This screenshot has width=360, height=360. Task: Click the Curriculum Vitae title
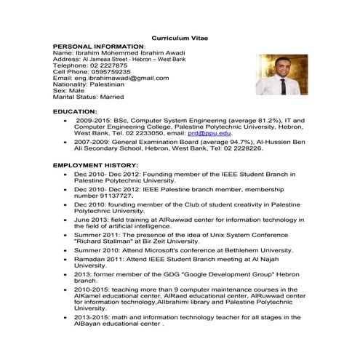(x=179, y=38)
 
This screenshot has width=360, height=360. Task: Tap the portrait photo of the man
(x=277, y=74)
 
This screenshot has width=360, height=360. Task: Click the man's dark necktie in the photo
(x=281, y=86)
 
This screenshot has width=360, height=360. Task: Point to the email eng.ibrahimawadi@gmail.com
(x=116, y=78)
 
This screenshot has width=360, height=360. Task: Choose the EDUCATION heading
(x=76, y=112)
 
